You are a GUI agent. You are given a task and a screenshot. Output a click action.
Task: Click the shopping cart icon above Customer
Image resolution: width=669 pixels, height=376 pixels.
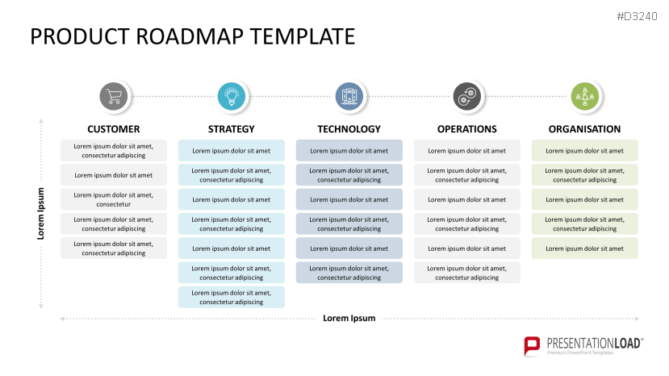pos(114,97)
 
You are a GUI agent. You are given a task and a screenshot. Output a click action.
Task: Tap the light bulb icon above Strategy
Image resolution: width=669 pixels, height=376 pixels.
pos(232,97)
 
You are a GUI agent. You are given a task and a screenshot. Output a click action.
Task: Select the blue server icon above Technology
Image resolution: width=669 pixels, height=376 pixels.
pos(349,97)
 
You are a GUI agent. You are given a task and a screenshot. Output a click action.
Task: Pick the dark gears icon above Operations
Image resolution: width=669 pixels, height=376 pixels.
pos(466,97)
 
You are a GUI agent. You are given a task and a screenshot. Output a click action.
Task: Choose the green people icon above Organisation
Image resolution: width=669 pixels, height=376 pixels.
pos(584,97)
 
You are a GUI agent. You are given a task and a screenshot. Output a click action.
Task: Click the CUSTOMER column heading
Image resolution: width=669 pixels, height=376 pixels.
pos(114,129)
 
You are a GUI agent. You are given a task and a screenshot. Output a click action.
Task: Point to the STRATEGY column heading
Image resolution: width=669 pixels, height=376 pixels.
pos(232,129)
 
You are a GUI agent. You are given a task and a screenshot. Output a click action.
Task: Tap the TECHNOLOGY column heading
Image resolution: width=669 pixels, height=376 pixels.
pos(349,129)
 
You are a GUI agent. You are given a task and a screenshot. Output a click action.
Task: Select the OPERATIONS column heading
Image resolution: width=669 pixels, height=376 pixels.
pos(466,129)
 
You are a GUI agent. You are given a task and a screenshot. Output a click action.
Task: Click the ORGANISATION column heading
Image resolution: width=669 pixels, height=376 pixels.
pos(584,129)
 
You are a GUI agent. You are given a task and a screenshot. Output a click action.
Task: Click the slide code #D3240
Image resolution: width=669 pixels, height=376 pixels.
pos(638,16)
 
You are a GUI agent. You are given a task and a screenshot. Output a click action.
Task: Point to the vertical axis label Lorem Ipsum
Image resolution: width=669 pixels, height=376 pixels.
pos(41,214)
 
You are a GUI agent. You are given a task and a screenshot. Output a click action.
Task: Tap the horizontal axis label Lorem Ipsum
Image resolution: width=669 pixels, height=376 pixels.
pos(349,318)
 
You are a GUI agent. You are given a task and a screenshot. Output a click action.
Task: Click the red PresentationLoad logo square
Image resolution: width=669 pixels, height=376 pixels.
pos(533,345)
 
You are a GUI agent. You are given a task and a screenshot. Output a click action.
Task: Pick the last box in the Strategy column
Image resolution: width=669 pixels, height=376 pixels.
pos(232,297)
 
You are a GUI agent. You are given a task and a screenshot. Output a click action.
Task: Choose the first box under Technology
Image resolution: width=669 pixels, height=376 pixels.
pos(349,151)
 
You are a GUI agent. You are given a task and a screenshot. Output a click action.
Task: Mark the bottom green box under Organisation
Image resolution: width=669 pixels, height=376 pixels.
pos(584,249)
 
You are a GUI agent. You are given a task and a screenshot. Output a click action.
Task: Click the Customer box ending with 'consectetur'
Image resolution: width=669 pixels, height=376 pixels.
pos(114,199)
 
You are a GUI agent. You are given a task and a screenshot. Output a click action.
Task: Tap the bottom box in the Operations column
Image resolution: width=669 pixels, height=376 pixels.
pos(466,273)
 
